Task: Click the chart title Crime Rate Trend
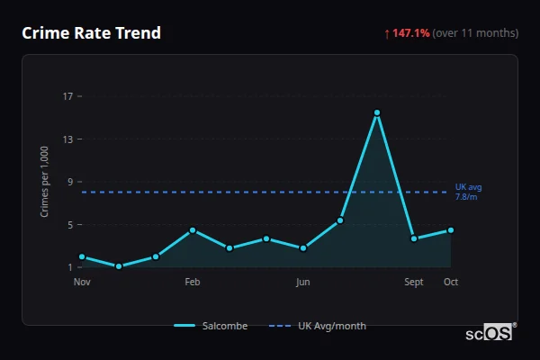click(x=91, y=33)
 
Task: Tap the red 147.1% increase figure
click(x=409, y=33)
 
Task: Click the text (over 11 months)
click(x=475, y=33)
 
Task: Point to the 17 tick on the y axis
click(x=67, y=96)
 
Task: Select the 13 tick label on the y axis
click(x=67, y=139)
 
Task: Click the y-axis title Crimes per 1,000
click(x=45, y=182)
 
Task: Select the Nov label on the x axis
click(x=82, y=282)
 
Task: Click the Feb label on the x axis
click(x=193, y=282)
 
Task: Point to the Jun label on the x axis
click(x=303, y=282)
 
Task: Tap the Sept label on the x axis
click(x=414, y=282)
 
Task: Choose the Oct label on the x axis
click(x=451, y=282)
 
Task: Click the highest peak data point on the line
click(x=377, y=112)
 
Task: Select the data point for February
click(x=193, y=230)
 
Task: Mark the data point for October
click(x=451, y=230)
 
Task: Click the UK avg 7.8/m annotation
click(x=467, y=192)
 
